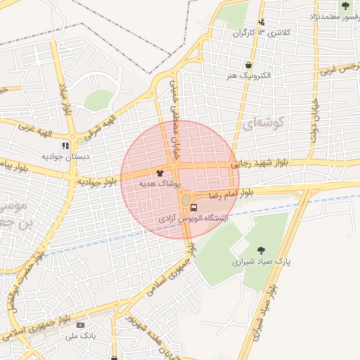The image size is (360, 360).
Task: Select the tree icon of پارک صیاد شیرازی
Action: (x=262, y=250)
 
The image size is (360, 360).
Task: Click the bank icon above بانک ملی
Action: (x=80, y=325)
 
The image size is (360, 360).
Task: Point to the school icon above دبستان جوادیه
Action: (x=65, y=146)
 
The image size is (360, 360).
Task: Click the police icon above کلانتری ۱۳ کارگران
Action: (x=262, y=22)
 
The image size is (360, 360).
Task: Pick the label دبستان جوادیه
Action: (x=63, y=157)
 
